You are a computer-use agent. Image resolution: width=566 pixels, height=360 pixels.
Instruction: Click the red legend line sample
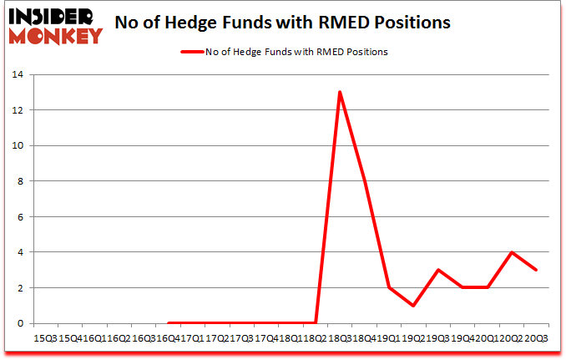pyautogui.click(x=192, y=52)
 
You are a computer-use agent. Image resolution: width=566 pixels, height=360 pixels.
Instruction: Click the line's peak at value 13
pyautogui.click(x=340, y=92)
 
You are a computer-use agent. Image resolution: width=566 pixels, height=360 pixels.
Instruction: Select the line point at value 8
pyautogui.click(x=365, y=180)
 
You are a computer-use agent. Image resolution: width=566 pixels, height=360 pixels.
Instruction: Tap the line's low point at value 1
pyautogui.click(x=414, y=306)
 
